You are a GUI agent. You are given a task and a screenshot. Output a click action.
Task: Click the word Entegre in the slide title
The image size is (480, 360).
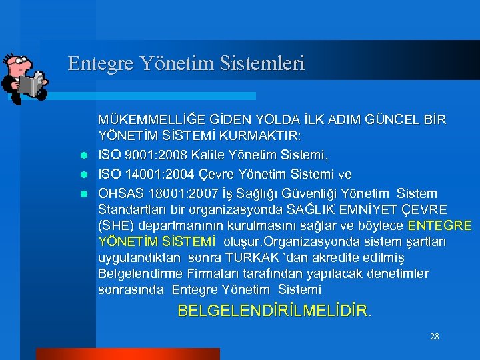tap(101, 63)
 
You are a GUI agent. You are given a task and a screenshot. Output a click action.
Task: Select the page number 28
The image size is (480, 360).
tap(434, 336)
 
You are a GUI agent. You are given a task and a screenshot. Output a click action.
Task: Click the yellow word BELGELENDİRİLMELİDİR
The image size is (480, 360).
tap(273, 310)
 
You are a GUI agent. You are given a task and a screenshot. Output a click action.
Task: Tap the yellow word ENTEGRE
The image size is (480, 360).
tap(439, 225)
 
